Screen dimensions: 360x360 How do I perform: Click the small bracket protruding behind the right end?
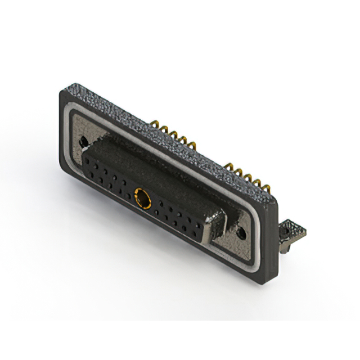294,231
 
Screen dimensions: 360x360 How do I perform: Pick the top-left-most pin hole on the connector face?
88,159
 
